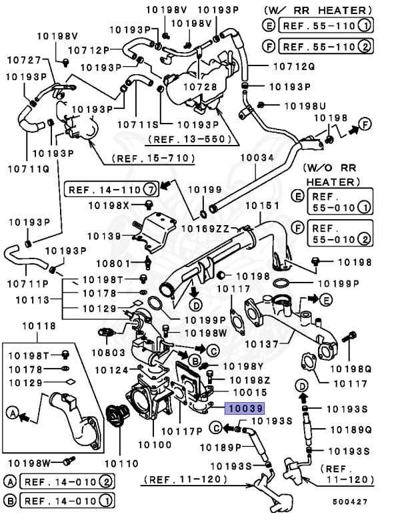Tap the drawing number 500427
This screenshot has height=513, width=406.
coord(352,500)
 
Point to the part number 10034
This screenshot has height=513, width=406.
coord(257,158)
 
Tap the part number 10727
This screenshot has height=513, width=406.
coord(25,60)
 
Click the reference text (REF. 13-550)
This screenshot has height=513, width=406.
coord(191,140)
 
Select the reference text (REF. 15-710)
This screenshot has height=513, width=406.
coord(153,158)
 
